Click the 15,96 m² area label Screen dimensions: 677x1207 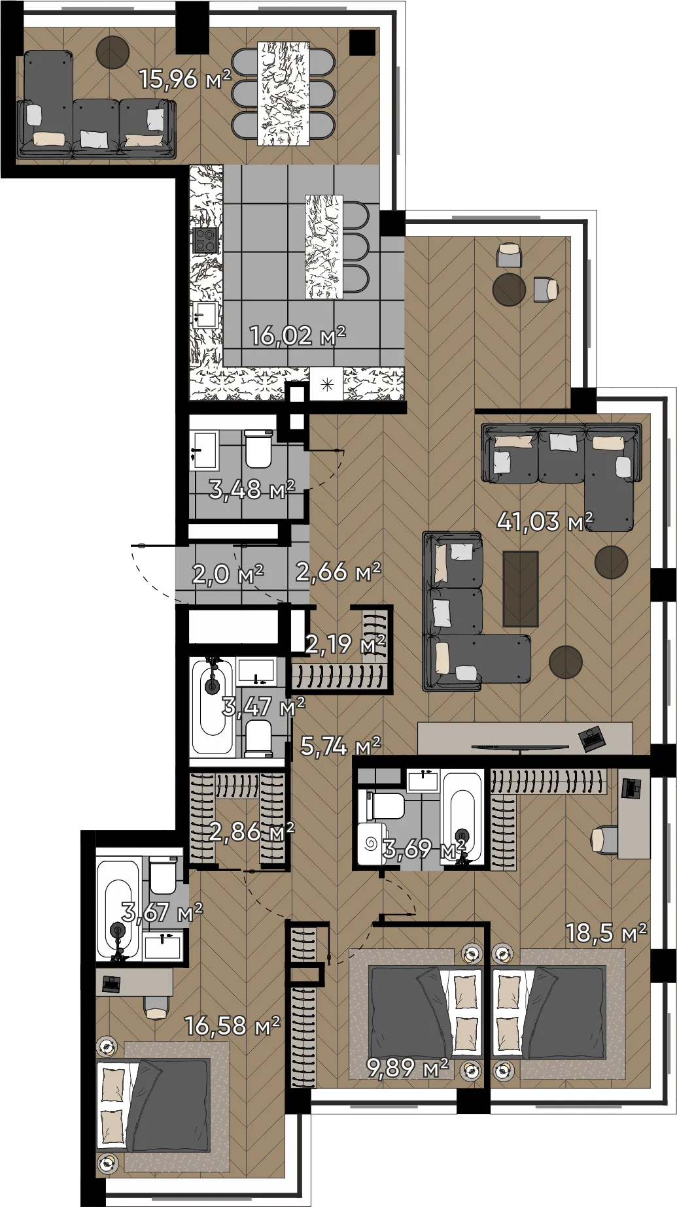185,79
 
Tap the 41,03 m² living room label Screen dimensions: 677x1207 545,521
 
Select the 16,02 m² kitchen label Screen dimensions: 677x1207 298,336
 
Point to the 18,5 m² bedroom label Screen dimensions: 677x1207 606,933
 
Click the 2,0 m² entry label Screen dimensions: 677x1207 228,574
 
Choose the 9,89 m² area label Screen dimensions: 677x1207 408,1068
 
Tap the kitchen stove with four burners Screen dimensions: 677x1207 205,240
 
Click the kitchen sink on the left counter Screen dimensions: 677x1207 205,316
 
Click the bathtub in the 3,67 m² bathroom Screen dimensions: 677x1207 118,909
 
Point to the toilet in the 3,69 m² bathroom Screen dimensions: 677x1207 383,804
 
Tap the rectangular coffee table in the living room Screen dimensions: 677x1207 521,589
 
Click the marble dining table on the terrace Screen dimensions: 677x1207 284,93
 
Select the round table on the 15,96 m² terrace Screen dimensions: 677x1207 113,52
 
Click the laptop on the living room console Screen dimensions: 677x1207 593,738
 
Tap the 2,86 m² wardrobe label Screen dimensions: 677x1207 252,832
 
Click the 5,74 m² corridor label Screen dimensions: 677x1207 340,746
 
